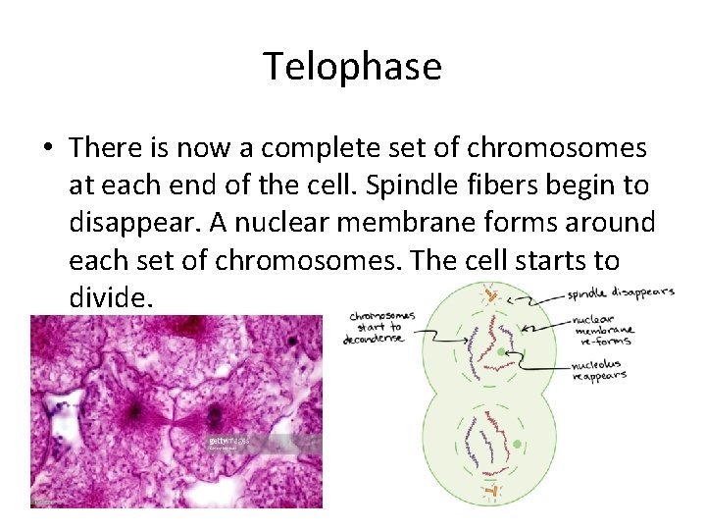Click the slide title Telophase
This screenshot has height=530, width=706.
pos(352,67)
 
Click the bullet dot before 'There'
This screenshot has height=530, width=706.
pos(47,149)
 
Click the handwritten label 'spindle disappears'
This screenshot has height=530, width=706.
pos(620,293)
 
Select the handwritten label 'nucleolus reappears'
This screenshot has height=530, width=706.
pos(599,370)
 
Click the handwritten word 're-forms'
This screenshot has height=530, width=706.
pos(605,341)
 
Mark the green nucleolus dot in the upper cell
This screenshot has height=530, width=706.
pos(502,351)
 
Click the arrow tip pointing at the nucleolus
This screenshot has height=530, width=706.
pos(511,354)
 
